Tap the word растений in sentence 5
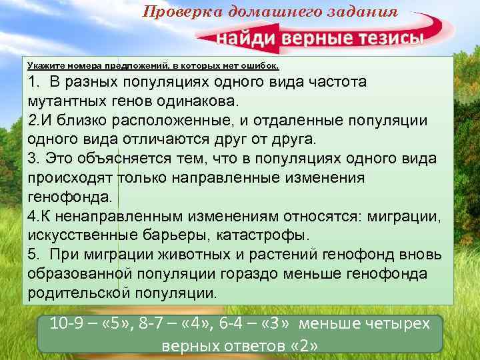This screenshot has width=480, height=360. pyautogui.click(x=289, y=255)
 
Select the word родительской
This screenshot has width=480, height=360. pyautogui.click(x=79, y=293)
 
